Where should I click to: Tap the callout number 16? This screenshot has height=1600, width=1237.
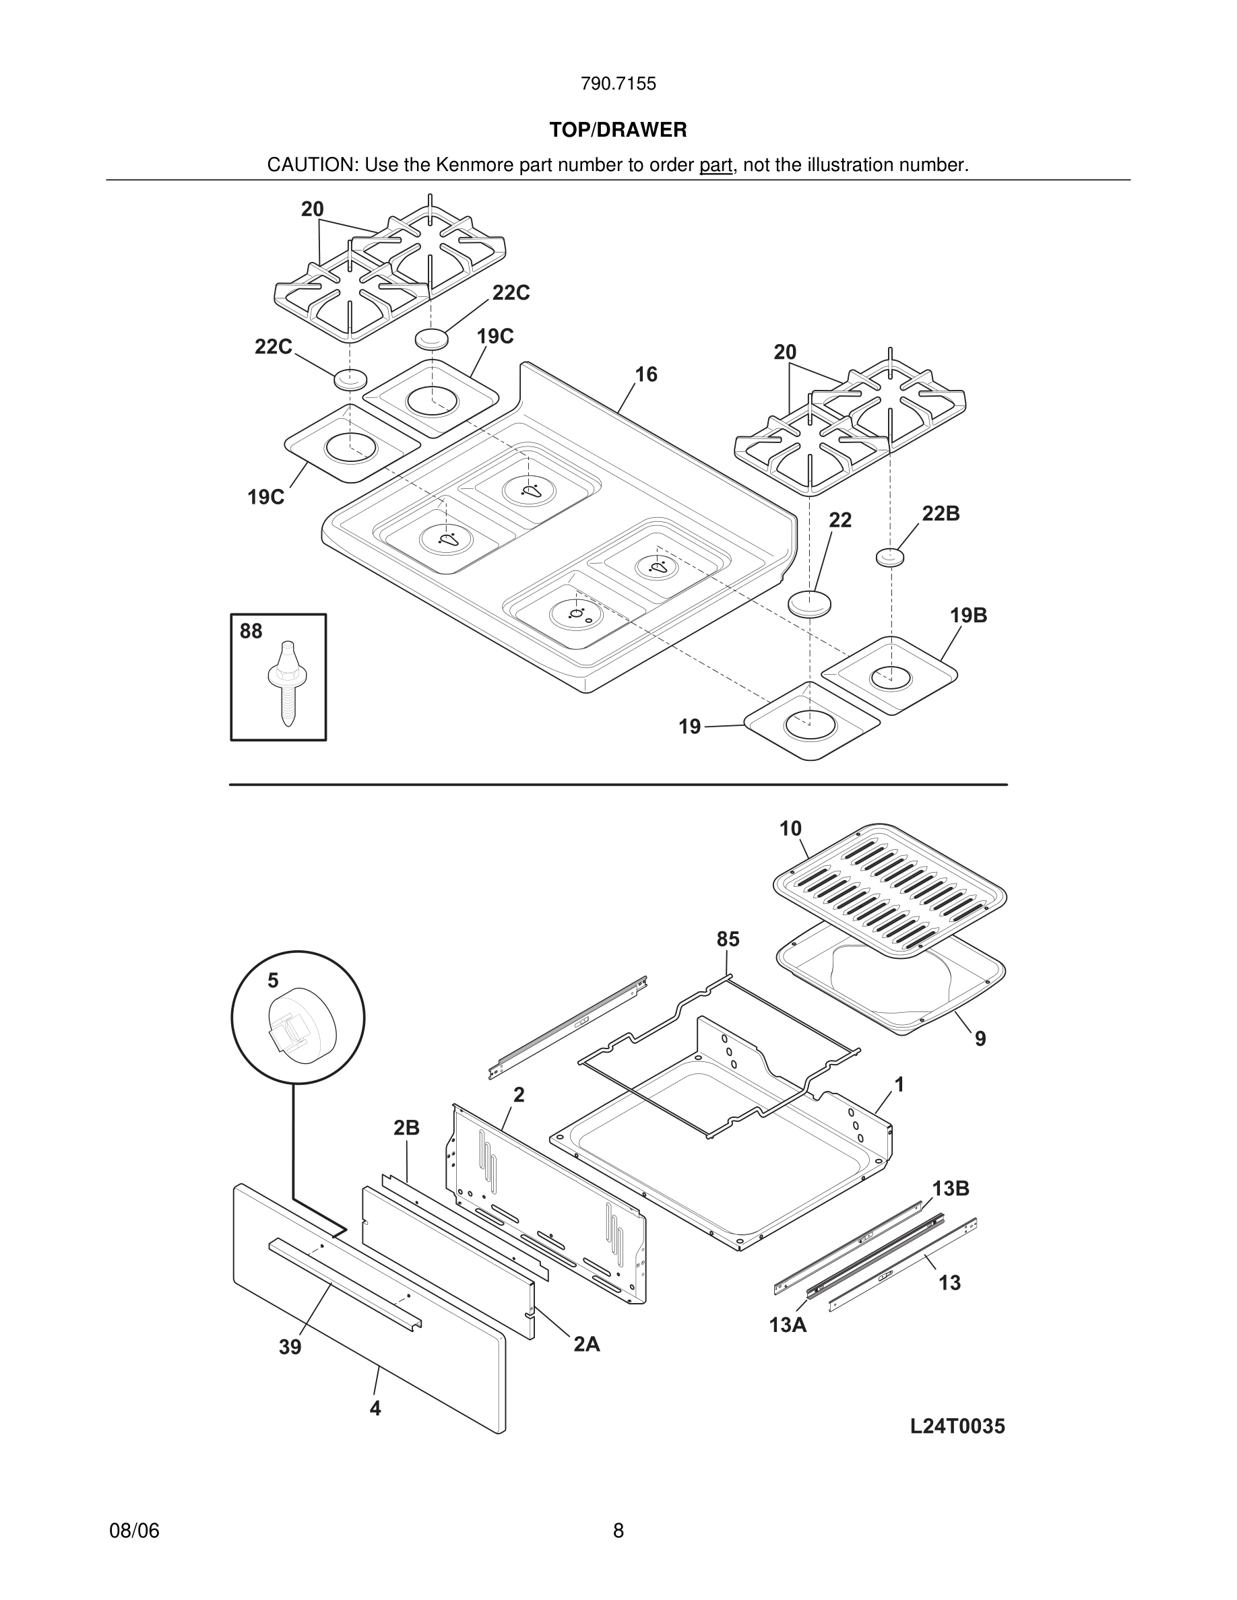click(x=645, y=375)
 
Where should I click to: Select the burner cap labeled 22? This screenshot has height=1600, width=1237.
click(x=810, y=603)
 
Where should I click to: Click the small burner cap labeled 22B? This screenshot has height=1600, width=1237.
click(x=889, y=557)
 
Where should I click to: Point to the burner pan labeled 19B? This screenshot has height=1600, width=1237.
click(x=889, y=675)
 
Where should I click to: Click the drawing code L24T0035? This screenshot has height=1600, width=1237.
click(x=957, y=1426)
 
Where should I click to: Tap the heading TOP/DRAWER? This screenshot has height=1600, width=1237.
click(x=618, y=131)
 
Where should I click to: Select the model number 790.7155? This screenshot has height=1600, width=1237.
click(x=618, y=84)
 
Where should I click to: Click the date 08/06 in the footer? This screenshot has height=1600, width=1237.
click(x=134, y=1531)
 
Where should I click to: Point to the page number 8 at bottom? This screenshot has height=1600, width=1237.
click(x=618, y=1531)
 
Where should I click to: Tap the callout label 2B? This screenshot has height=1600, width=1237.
click(x=406, y=1128)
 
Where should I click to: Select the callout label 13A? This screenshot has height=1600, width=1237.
click(x=788, y=1325)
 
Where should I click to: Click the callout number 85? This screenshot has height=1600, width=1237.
click(x=728, y=939)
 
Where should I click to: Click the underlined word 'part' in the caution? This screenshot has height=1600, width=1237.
click(x=716, y=166)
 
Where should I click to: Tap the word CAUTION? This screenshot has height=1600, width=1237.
click(x=311, y=166)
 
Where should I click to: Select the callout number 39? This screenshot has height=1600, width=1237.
click(x=290, y=1347)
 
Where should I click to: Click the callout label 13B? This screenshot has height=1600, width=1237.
click(x=951, y=1189)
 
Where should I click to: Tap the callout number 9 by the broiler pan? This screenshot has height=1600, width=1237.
click(x=980, y=1039)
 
